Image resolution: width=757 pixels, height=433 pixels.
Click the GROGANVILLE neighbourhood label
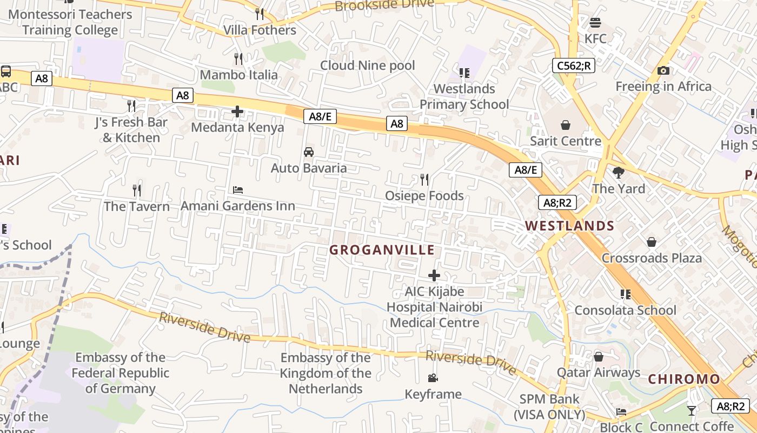[x=382, y=250]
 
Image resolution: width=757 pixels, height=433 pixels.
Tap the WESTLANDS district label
[x=569, y=226]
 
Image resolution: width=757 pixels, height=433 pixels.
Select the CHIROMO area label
[x=684, y=379]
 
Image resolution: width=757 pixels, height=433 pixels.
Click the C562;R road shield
[x=573, y=66]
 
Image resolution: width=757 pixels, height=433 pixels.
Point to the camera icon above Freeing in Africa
[x=663, y=70]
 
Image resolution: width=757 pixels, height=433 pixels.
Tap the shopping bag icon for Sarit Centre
[x=565, y=126]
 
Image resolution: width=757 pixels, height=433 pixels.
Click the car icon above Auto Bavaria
[x=309, y=152]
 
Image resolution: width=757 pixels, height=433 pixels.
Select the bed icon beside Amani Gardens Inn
[x=238, y=190]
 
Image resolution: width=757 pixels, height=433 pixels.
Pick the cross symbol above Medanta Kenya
[x=237, y=112]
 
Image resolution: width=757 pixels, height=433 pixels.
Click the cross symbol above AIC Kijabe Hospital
[x=434, y=275]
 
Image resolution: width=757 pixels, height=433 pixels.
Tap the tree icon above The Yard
[x=619, y=173]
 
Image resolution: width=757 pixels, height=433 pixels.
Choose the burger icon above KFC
[x=595, y=23]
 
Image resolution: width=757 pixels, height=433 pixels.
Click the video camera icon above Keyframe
[x=433, y=378]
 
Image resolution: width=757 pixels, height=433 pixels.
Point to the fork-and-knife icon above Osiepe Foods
[x=424, y=179]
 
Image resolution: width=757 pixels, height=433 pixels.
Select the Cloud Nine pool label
[x=368, y=65]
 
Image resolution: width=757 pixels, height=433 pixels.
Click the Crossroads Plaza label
[x=652, y=258]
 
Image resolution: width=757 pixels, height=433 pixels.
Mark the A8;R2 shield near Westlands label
[x=557, y=203]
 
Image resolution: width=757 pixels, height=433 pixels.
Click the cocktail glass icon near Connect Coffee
[x=691, y=411]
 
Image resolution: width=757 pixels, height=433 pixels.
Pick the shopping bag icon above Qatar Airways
[x=599, y=357]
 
